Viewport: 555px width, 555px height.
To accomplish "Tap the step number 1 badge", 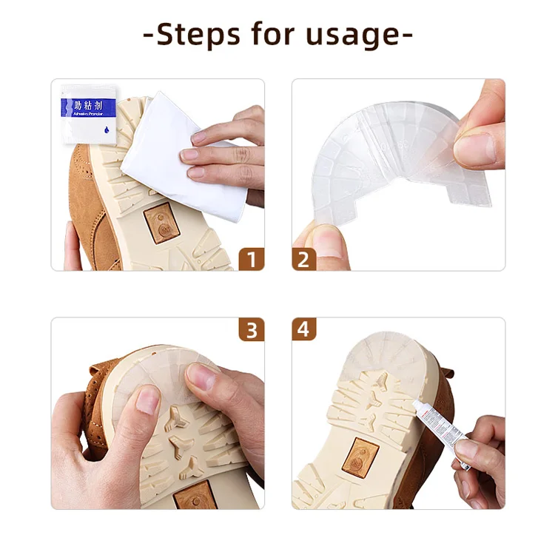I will (x=252, y=258).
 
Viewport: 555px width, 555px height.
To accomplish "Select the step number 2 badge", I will (x=303, y=258).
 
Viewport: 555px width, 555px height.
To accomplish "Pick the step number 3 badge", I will (x=252, y=330).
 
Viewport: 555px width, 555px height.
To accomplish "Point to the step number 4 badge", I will (x=303, y=330).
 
